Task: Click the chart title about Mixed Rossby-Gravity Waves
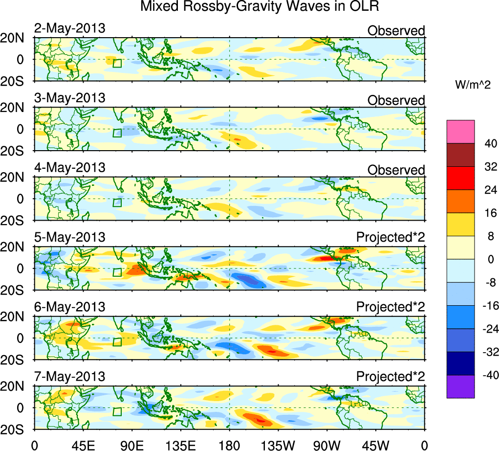(260, 7)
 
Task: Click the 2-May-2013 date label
(69, 28)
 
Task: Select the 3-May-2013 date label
(69, 98)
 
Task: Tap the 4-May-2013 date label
(69, 168)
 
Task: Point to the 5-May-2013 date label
(69, 238)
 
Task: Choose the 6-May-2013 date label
(69, 307)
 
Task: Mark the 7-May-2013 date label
(69, 377)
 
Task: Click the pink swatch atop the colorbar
(460, 131)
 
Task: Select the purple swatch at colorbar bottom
(460, 386)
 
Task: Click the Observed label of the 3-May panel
(396, 100)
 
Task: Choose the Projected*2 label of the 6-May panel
(391, 308)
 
